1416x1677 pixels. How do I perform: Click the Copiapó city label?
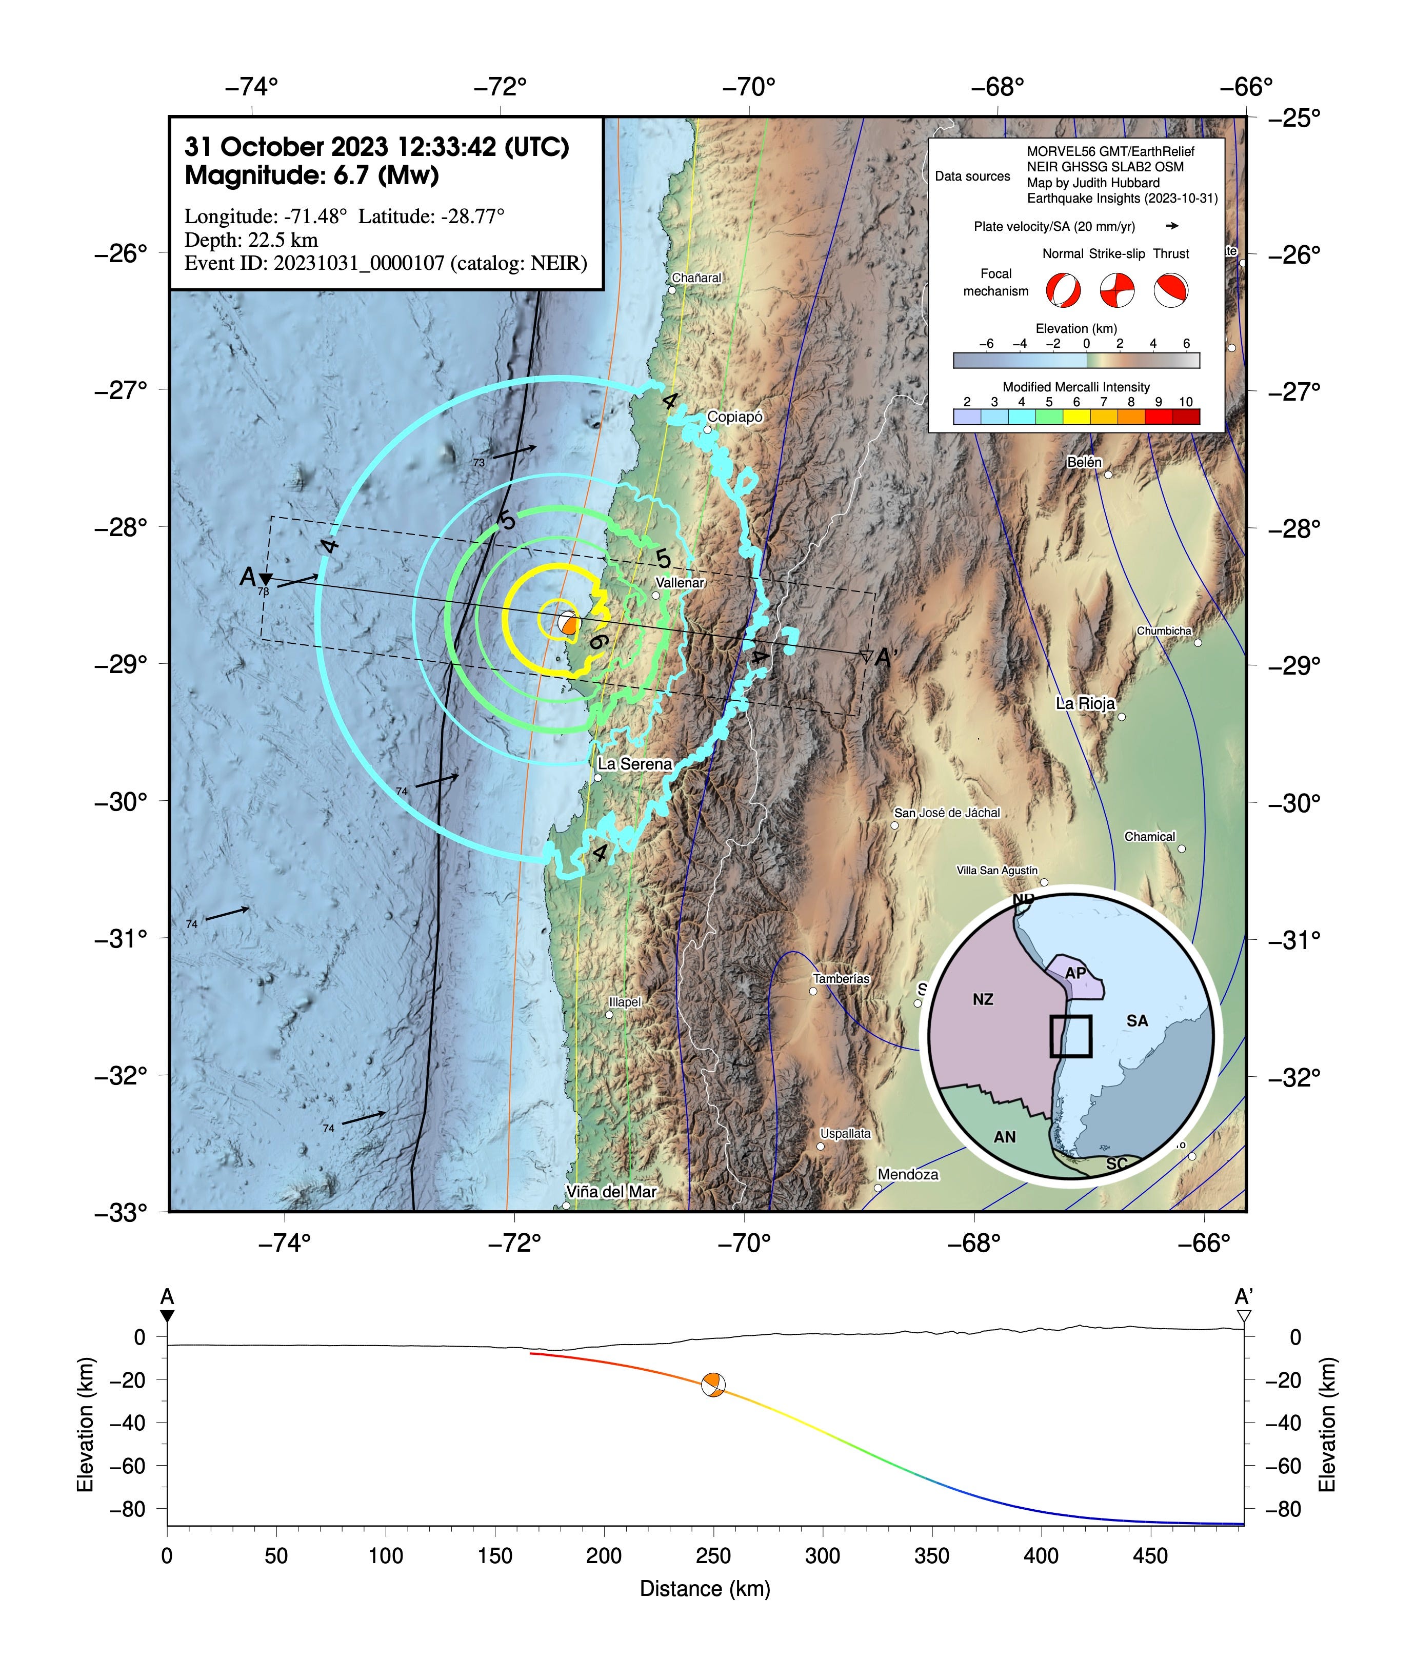734,417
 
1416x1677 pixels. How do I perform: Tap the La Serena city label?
634,763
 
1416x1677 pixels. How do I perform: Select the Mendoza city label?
908,1174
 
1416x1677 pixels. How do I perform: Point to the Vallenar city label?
680,582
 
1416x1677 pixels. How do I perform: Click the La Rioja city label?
1085,703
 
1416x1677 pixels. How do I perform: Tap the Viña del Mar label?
611,1191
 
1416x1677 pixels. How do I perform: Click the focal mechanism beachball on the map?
568,622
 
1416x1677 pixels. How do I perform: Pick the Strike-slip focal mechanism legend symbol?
1116,290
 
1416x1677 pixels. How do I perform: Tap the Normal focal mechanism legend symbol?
1063,290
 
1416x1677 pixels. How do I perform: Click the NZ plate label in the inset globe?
983,999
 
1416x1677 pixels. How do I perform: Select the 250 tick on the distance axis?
713,1556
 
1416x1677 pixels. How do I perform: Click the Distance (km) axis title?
705,1588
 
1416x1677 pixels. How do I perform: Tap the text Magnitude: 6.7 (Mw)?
311,175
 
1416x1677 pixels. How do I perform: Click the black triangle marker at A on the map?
266,579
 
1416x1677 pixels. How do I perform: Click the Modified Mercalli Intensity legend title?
1075,387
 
